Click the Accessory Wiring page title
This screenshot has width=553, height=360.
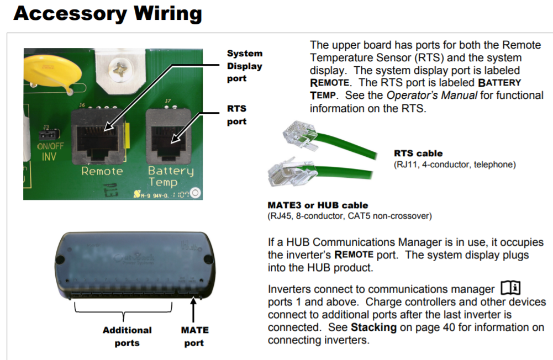(108, 14)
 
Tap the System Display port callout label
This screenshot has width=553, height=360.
(244, 66)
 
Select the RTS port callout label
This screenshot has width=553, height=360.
(236, 115)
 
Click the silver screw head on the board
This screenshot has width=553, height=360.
(119, 69)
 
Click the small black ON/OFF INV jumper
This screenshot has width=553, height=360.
(49, 134)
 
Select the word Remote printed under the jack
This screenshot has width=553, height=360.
(102, 171)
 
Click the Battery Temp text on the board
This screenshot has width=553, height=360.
(171, 176)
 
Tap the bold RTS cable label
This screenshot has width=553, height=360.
(418, 153)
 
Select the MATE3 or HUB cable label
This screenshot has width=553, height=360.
(318, 205)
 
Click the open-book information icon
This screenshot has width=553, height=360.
(510, 287)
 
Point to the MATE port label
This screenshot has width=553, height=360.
(194, 336)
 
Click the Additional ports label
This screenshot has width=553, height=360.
(127, 336)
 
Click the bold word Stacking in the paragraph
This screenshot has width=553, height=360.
(373, 327)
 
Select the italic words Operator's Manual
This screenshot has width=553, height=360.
(431, 95)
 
